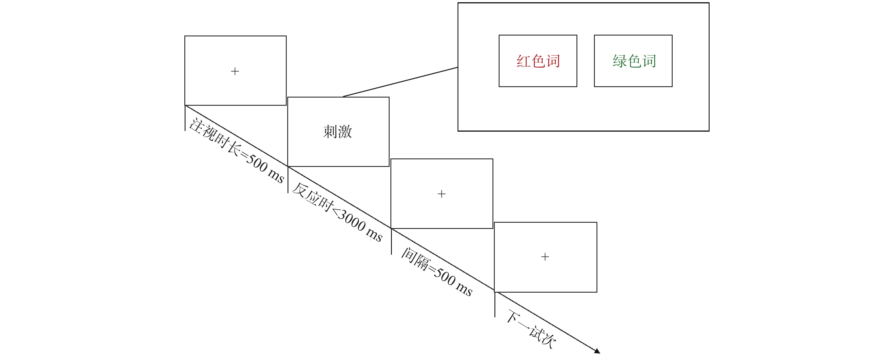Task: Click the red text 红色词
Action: click(538, 61)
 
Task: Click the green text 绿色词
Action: click(634, 61)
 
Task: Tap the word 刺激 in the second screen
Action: click(337, 132)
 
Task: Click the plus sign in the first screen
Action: click(235, 71)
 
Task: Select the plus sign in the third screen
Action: click(441, 194)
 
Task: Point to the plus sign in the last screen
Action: click(545, 257)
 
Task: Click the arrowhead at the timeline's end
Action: click(597, 351)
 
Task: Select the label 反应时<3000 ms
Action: click(337, 212)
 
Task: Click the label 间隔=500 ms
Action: click(436, 272)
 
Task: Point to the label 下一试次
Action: click(531, 329)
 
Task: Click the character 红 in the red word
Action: click(523, 61)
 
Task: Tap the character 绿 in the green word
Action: click(619, 61)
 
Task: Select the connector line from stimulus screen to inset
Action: click(400, 82)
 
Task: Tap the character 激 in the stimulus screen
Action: click(345, 132)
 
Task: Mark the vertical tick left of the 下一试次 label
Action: click(495, 305)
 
